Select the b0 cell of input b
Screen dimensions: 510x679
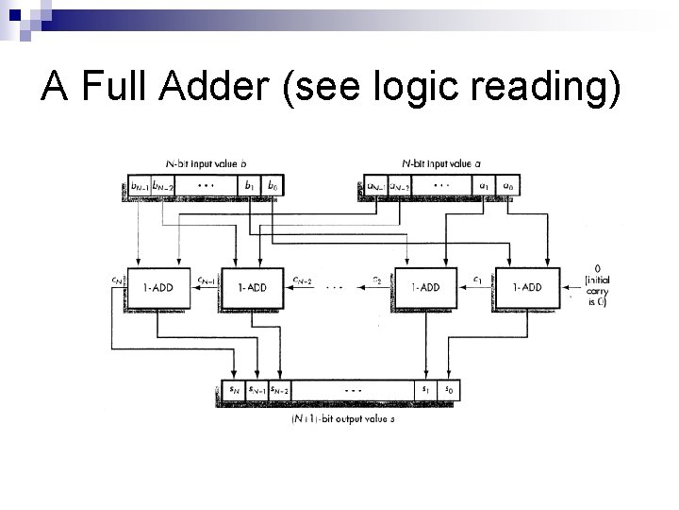click(x=273, y=186)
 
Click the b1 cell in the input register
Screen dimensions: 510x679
click(x=249, y=186)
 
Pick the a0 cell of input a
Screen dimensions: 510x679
click(x=508, y=186)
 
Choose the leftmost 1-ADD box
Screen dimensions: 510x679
click(x=156, y=286)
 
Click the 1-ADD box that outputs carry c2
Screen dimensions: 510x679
click(x=423, y=286)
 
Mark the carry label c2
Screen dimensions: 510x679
click(x=376, y=280)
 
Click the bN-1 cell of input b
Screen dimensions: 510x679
click(x=139, y=186)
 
